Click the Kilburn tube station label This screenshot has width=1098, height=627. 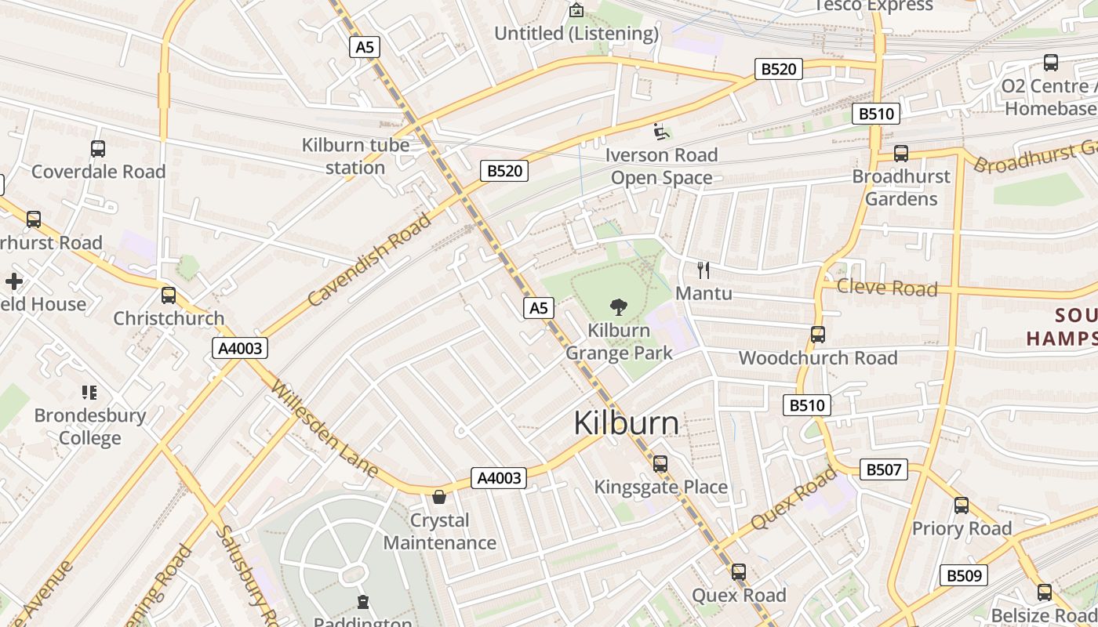coord(355,156)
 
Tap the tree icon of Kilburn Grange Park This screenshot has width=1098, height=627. coord(619,306)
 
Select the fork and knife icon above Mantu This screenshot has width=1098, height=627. coord(704,270)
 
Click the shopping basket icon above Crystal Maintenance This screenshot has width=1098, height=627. coord(439,497)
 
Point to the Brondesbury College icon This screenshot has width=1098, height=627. coord(89,392)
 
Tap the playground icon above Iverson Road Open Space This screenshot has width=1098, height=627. coord(661,131)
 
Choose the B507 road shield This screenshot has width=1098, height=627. coord(884,469)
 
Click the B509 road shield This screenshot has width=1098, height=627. coord(964,575)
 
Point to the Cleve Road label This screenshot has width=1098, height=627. coord(887,287)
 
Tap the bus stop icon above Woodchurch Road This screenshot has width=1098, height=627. coord(818,335)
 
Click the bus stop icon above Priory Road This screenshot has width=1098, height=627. coord(962,506)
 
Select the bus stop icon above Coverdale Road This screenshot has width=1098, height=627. coord(98,148)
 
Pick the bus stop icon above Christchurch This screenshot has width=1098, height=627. coord(169,295)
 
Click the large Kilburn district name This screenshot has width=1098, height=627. coord(626,423)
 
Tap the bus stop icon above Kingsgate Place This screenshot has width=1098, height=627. coord(660,464)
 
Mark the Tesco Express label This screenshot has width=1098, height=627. coord(874,6)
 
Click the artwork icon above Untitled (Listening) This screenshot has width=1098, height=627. coord(576,10)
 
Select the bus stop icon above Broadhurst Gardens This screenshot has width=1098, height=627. coord(901,154)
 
